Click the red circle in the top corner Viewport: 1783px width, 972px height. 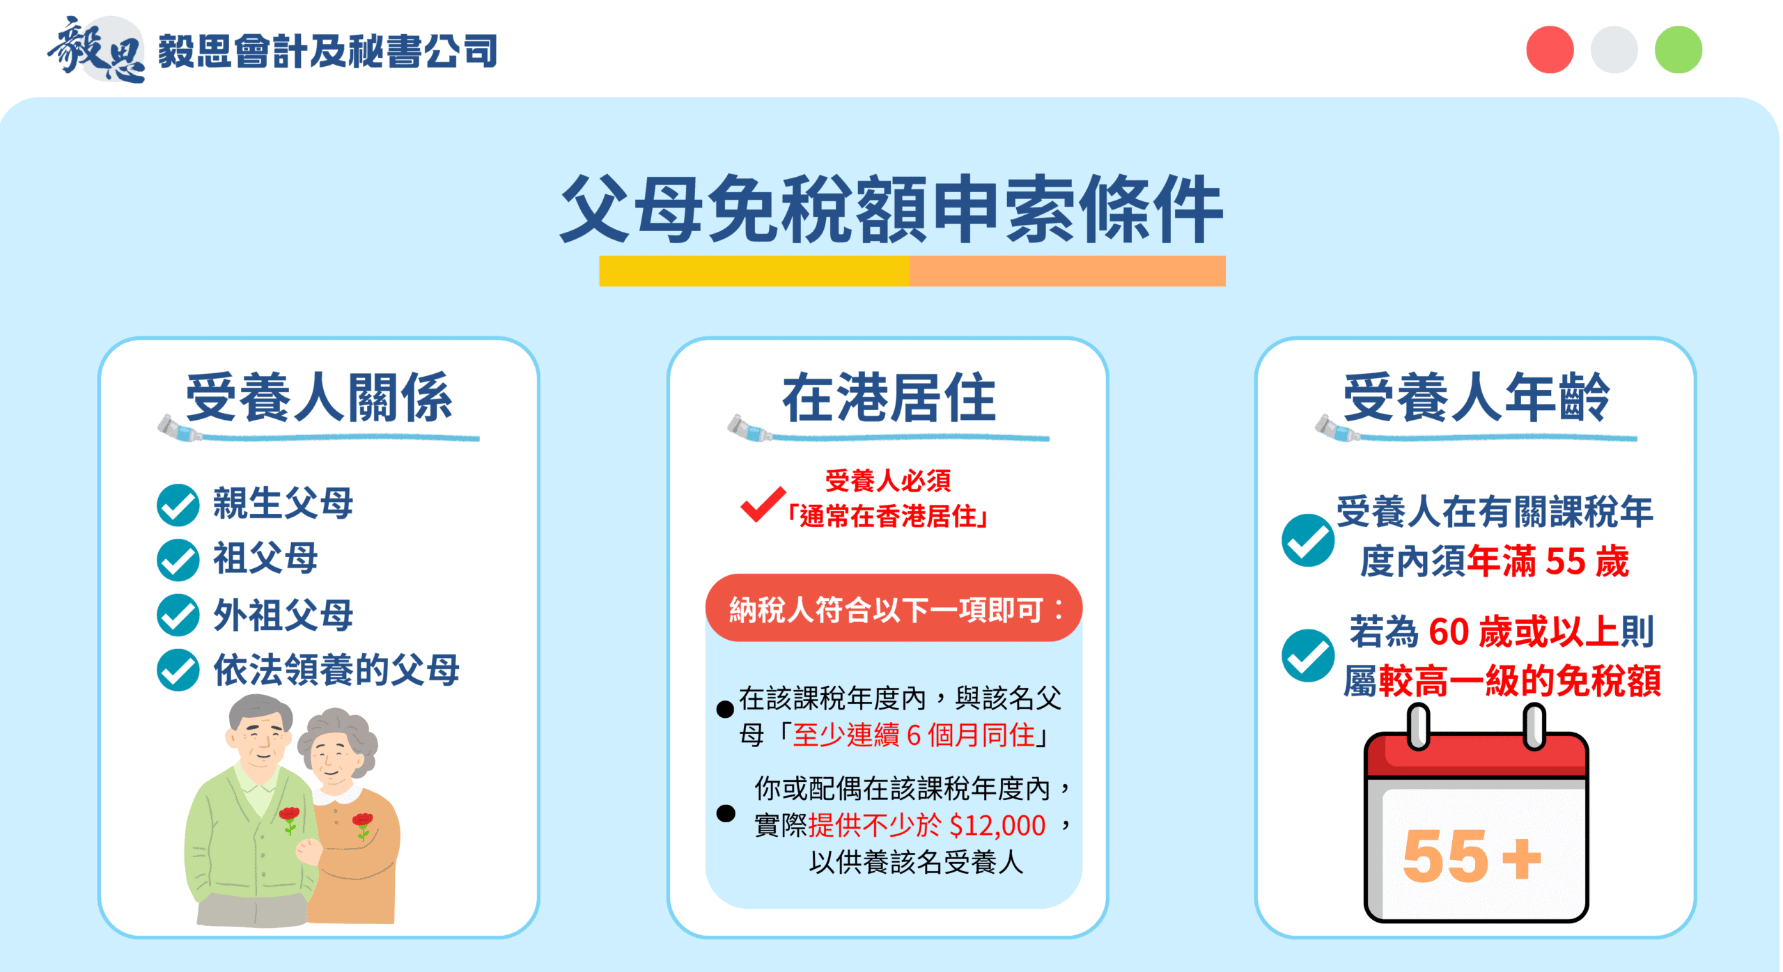click(x=1550, y=49)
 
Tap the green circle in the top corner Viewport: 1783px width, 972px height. click(x=1678, y=49)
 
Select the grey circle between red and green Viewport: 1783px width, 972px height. click(x=1614, y=49)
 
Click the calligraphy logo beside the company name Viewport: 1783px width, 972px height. click(x=96, y=49)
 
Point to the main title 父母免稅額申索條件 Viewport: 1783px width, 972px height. click(x=891, y=209)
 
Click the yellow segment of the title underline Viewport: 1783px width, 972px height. click(x=754, y=271)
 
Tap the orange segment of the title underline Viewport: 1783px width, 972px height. click(x=1067, y=271)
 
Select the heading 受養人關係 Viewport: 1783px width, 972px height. click(x=319, y=398)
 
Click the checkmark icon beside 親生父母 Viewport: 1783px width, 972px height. click(x=178, y=505)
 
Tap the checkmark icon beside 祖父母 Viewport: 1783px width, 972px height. click(x=178, y=560)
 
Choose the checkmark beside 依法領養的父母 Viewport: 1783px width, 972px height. click(x=178, y=670)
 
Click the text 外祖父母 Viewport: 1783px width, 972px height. click(x=283, y=615)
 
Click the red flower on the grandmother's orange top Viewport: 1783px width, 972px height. click(x=362, y=822)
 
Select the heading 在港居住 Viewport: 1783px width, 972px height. click(x=889, y=398)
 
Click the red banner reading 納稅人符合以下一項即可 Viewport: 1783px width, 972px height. click(x=894, y=609)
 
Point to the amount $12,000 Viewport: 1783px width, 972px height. click(x=997, y=826)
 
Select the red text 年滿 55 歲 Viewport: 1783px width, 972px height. click(x=1548, y=561)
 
